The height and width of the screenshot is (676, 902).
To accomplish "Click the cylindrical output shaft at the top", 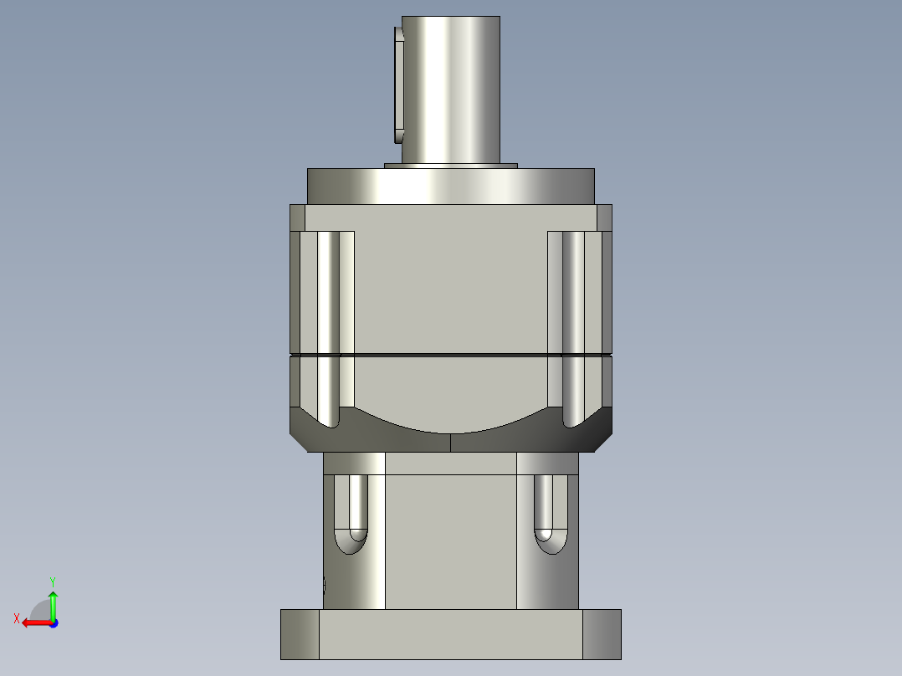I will [450, 88].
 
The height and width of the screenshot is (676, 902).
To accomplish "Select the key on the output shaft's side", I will [397, 84].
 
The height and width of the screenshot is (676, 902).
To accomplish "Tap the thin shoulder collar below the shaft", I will [450, 165].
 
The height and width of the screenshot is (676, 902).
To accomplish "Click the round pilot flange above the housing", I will [450, 186].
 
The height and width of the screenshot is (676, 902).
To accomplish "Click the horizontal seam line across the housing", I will [450, 356].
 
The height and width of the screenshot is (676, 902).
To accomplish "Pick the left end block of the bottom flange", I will [300, 634].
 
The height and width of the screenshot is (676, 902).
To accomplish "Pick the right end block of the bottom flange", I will [602, 634].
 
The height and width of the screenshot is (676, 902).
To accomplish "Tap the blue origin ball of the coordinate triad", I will [53, 622].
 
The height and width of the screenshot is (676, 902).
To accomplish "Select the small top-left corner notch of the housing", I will [297, 217].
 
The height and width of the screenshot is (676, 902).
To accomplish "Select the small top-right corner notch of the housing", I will [604, 217].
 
